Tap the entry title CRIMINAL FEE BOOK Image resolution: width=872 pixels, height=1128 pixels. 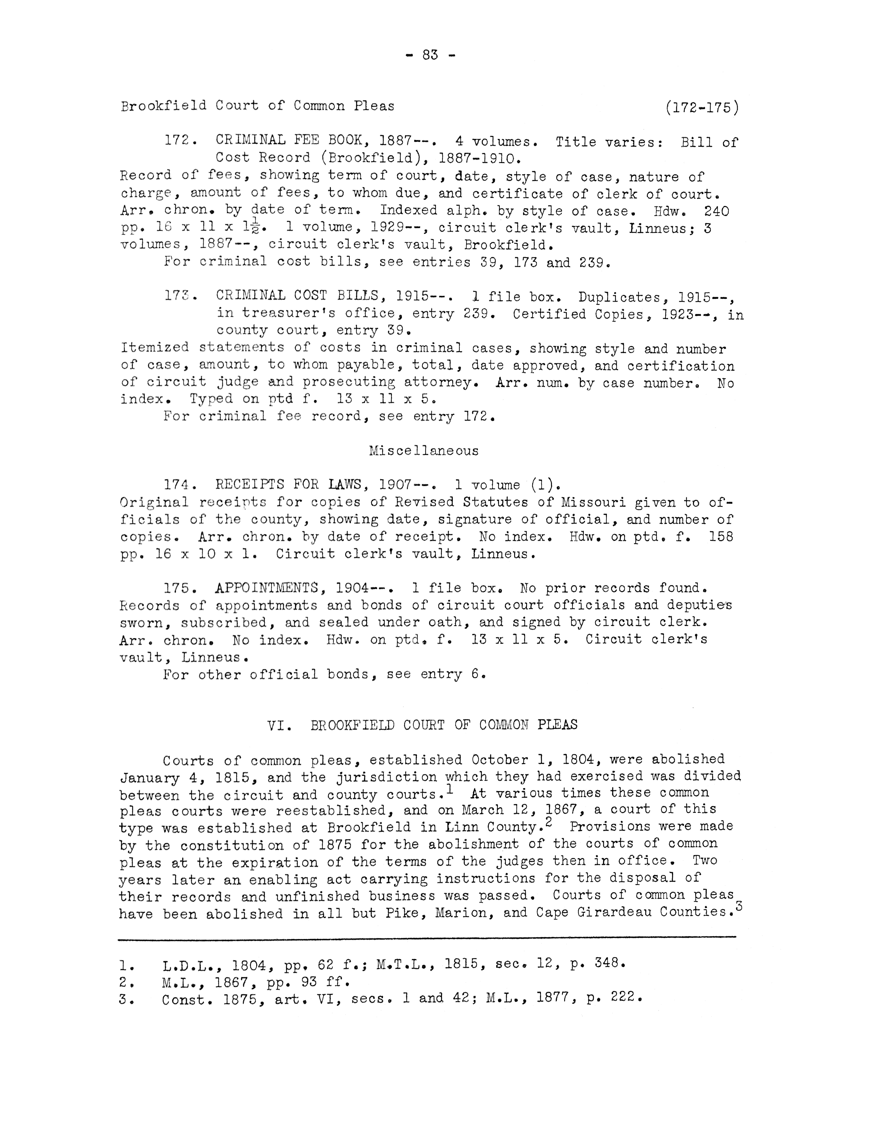(290, 140)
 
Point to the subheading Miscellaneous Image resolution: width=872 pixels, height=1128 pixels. (424, 451)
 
